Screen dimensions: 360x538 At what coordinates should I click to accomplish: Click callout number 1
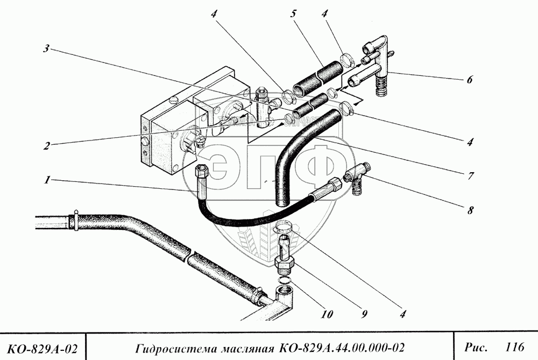(48, 181)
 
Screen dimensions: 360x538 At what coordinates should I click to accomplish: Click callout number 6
(469, 80)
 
